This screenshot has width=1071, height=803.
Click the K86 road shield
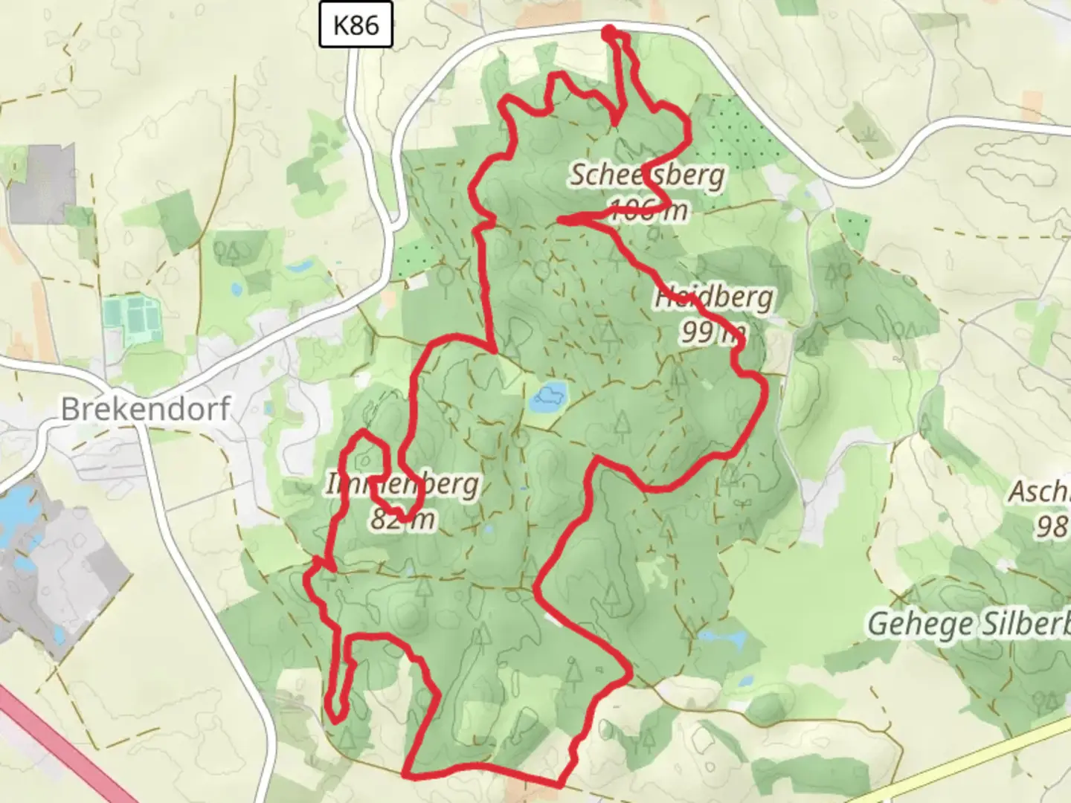(x=356, y=25)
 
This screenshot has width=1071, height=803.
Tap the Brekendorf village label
(x=146, y=409)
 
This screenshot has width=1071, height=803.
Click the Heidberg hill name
(x=714, y=297)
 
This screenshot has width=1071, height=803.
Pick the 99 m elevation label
(x=713, y=332)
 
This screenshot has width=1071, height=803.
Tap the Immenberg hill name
(x=402, y=485)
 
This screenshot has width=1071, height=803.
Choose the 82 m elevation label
(x=402, y=519)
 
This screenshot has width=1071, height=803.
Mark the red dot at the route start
(x=609, y=32)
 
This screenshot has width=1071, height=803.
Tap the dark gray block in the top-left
(x=42, y=183)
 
